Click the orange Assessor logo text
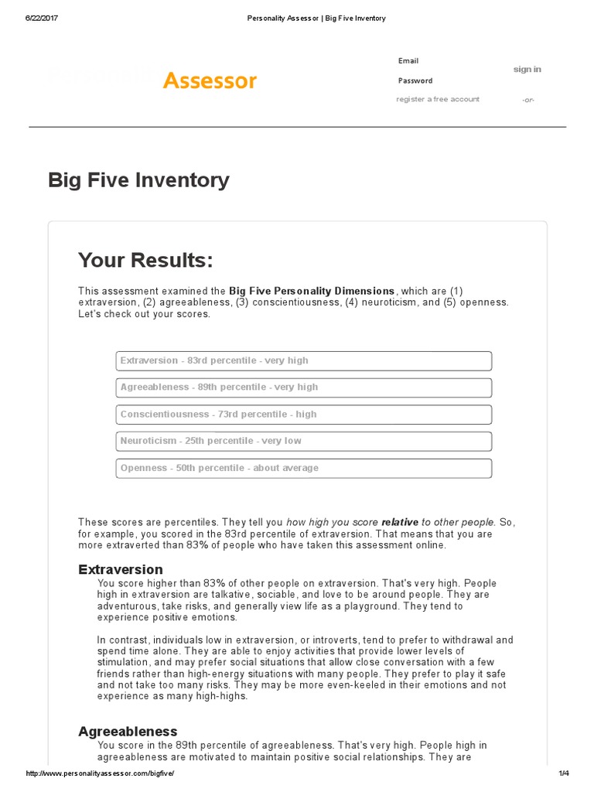pos(210,80)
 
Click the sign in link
pos(527,70)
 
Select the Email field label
pos(408,61)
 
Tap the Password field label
pos(415,80)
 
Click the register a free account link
pos(438,100)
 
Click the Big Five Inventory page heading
pos(138,180)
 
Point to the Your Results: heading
pos(145,260)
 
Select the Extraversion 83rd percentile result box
pos(303,361)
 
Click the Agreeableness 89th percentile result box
pos(303,387)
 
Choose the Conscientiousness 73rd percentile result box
pos(303,415)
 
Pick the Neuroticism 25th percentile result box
pos(303,441)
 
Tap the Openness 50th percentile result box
pos(303,468)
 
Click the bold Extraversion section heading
pos(121,570)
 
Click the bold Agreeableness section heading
pos(128,732)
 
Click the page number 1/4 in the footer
pos(562,774)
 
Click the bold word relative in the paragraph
pos(400,523)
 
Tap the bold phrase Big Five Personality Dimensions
pos(312,291)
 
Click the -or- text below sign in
pos(527,100)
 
